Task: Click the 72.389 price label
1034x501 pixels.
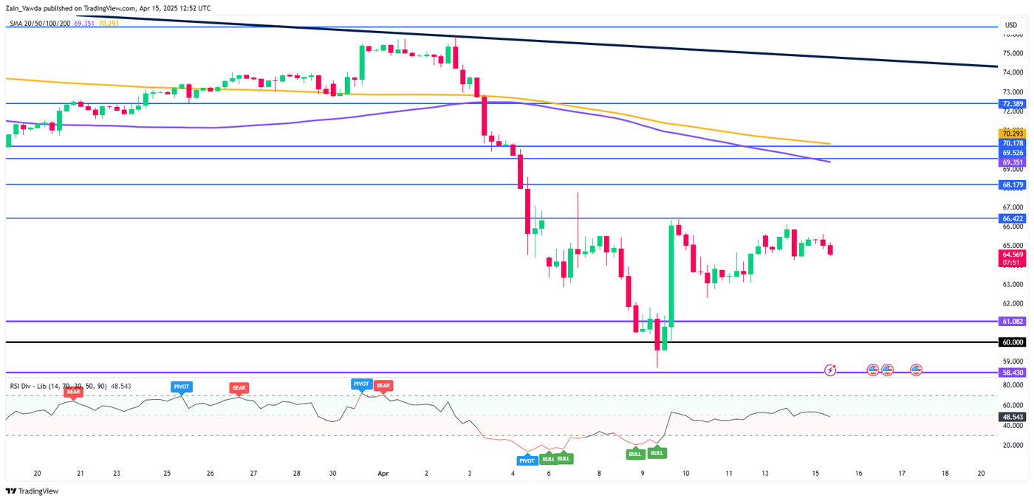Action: coord(1011,104)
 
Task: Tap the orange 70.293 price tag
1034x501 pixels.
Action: coord(1011,134)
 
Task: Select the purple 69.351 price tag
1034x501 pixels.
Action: coord(1011,162)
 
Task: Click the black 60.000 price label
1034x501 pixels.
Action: coord(1011,342)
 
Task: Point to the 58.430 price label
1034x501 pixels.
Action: coord(1011,373)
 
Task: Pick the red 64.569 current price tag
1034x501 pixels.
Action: coord(1011,253)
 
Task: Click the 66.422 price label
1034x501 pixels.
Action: coord(1011,218)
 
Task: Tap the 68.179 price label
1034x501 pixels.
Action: coord(1011,184)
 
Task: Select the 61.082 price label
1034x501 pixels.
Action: coord(1011,322)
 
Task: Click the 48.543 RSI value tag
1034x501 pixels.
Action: coord(1011,417)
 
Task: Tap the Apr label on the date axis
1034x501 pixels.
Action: coord(383,473)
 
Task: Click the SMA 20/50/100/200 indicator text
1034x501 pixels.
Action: coord(40,24)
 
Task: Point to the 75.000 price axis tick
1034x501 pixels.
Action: coord(1011,53)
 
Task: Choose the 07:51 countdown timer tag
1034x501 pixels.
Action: coord(1011,262)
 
